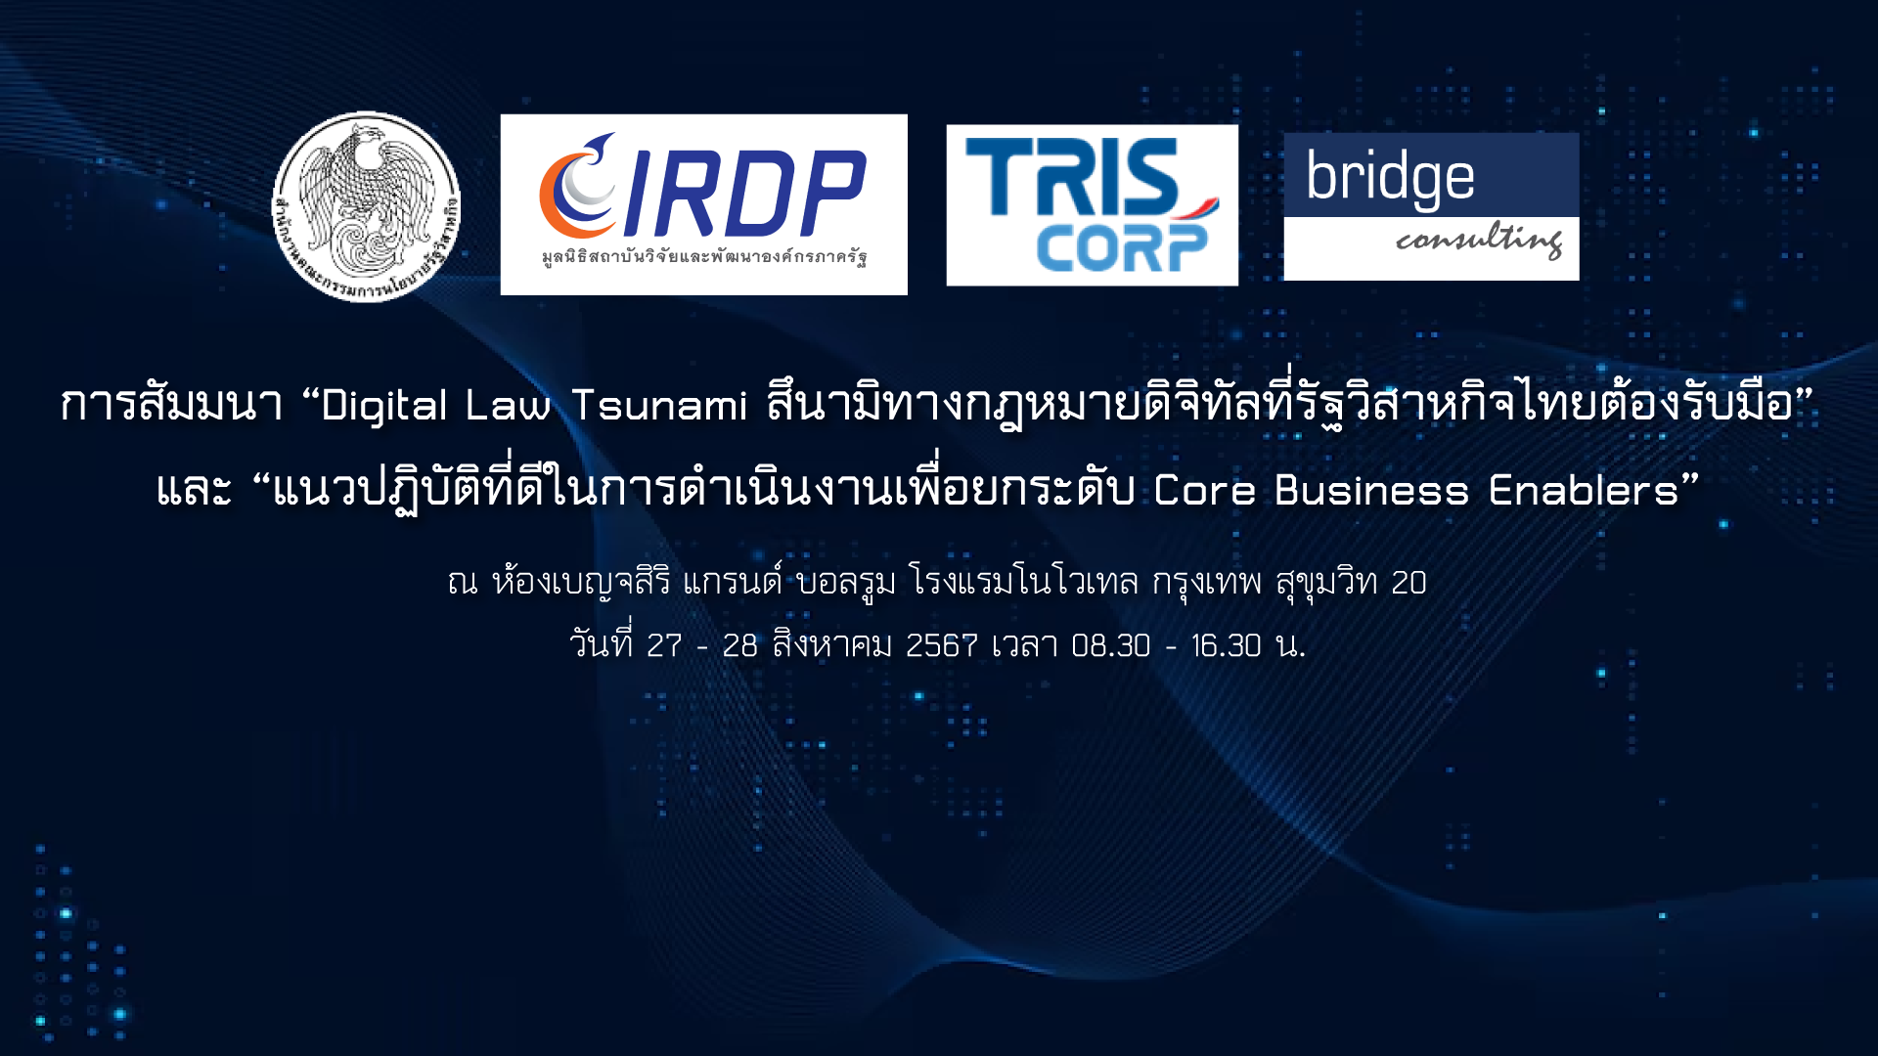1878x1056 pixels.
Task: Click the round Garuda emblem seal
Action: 366,206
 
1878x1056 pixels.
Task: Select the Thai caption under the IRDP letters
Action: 704,257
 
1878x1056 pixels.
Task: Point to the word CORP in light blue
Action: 1122,248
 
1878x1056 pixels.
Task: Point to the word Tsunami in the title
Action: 659,405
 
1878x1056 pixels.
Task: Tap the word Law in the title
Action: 508,405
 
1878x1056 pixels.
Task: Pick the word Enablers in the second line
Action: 1584,490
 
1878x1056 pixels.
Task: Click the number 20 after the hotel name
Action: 1408,583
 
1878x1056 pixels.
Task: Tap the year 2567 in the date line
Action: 942,645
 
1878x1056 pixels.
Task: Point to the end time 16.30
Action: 1227,645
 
